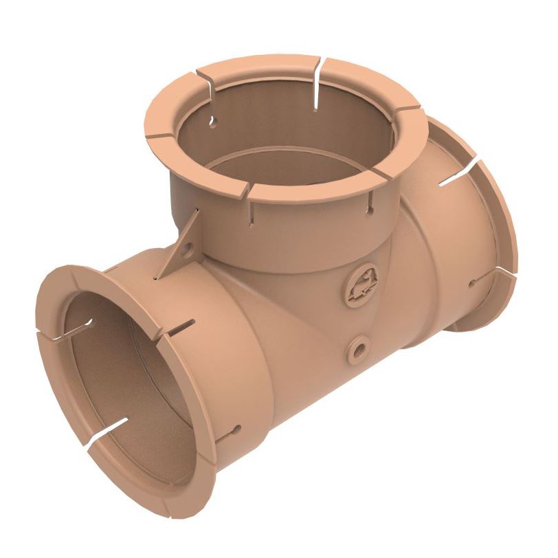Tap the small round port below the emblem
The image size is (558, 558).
[357, 348]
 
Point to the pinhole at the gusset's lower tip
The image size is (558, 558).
[157, 279]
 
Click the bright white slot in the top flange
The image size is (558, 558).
[315, 86]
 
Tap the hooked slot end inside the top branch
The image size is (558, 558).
[212, 122]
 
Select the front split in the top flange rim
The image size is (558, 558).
[248, 192]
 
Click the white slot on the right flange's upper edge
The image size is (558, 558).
[458, 172]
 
